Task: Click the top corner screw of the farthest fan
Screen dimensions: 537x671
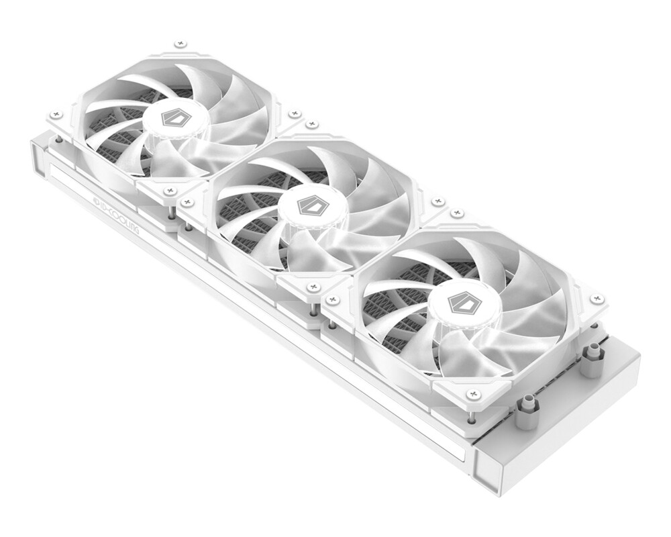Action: (179, 44)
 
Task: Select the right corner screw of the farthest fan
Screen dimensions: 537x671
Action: (293, 114)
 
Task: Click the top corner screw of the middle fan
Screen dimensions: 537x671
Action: (311, 125)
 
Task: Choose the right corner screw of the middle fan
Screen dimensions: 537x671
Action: (437, 201)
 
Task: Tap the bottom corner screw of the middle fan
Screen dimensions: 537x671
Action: (313, 287)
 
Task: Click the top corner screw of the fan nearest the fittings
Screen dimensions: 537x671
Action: (458, 213)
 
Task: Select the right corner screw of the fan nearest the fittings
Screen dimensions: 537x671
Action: (597, 298)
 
